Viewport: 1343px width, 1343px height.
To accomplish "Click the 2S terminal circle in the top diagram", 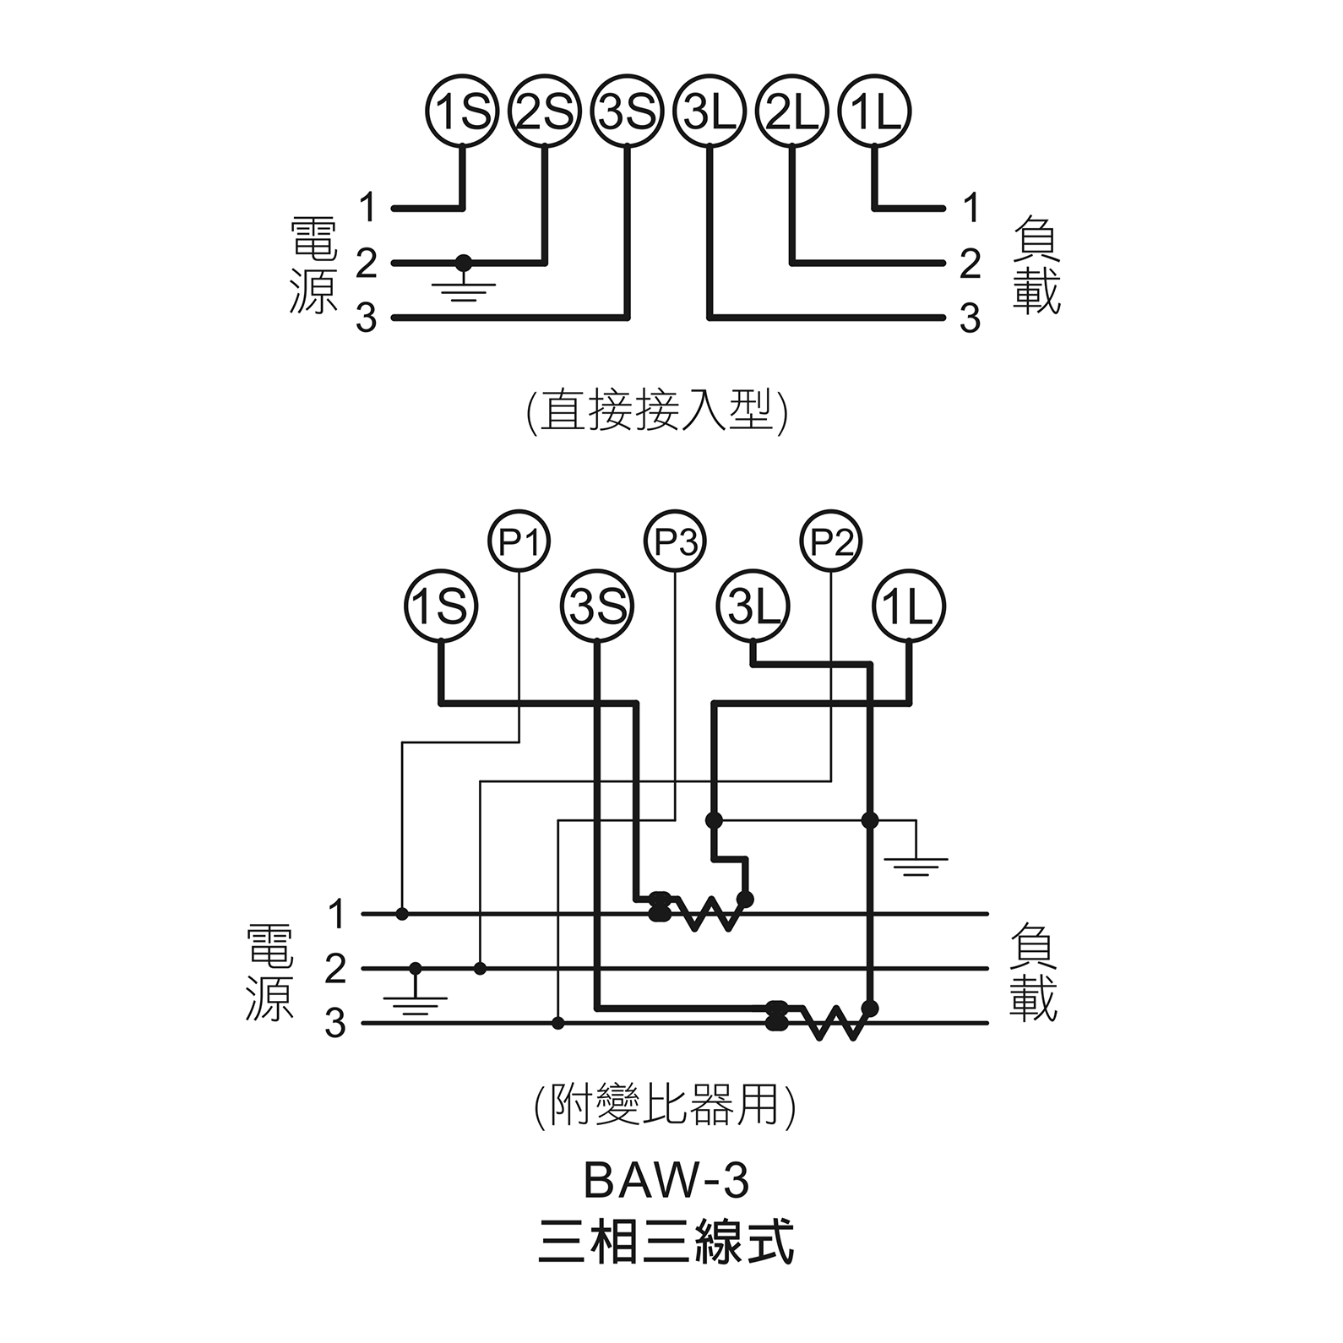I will point(545,111).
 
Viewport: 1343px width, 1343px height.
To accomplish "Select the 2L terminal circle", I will point(792,111).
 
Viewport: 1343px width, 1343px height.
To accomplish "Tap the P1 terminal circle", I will point(519,541).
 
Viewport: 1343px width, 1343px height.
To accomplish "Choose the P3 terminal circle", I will point(675,541).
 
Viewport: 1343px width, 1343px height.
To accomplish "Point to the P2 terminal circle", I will point(831,541).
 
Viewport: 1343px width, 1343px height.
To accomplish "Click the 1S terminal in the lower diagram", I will point(441,606).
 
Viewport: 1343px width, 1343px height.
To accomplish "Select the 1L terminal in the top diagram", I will point(874,111).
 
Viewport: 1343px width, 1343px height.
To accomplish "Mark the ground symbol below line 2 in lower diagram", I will point(415,999).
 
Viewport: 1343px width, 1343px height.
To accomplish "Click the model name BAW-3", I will point(666,1181).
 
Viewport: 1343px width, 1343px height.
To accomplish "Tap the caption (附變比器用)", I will point(665,1106).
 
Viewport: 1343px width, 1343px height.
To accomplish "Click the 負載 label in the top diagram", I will point(1036,264).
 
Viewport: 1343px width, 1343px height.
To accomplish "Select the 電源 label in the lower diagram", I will point(269,971).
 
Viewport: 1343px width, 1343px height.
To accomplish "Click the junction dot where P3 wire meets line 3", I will point(557,1024).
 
